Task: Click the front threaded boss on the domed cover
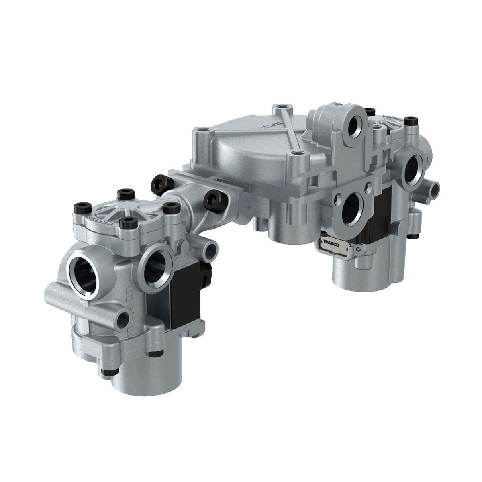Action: [x=296, y=154]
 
